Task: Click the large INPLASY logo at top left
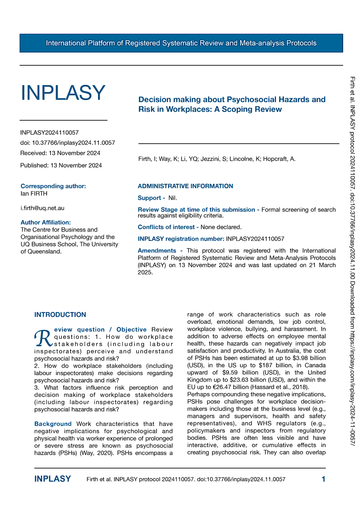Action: (x=63, y=93)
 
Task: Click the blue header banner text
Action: (x=181, y=43)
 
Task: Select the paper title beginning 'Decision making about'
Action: (x=232, y=104)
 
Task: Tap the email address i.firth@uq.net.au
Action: (x=42, y=208)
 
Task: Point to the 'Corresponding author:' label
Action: (x=53, y=186)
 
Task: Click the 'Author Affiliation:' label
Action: (x=45, y=222)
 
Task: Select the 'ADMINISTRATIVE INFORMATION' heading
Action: (x=185, y=186)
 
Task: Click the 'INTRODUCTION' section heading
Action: (x=60, y=315)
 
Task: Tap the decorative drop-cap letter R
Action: (x=40, y=338)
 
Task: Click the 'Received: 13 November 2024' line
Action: (x=60, y=153)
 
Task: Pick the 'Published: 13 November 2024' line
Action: (x=61, y=165)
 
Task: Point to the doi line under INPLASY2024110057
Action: (x=67, y=143)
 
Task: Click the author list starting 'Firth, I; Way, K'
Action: (x=217, y=159)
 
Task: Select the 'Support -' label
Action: (x=151, y=198)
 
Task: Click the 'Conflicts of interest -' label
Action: (x=168, y=227)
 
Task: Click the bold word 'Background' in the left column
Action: (x=53, y=424)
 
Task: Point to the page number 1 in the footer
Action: (x=324, y=479)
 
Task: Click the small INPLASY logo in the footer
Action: (x=53, y=479)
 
